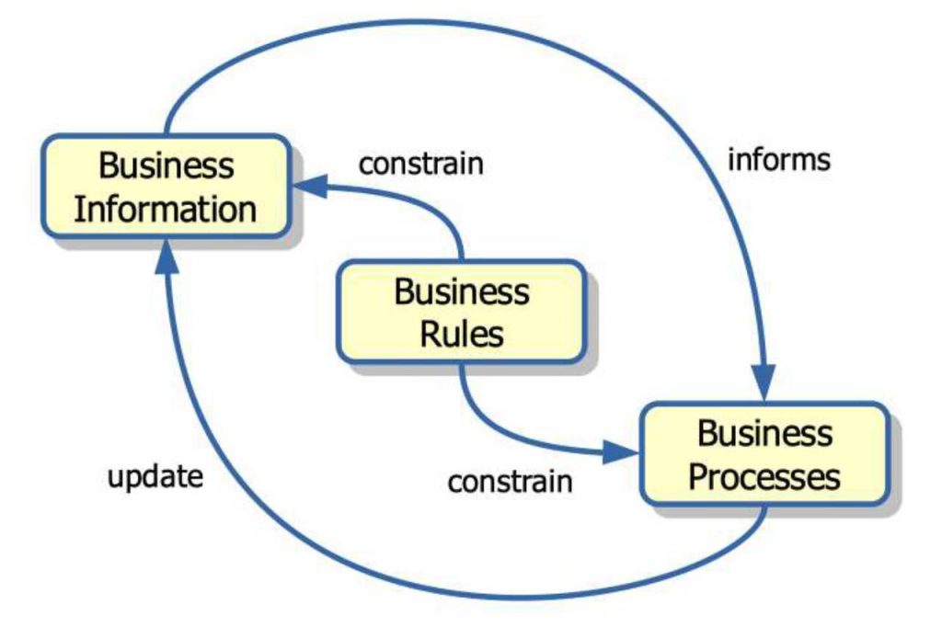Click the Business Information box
tap(166, 188)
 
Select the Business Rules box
tap(461, 312)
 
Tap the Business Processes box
tap(764, 454)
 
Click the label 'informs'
tap(778, 160)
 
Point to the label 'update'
tap(155, 477)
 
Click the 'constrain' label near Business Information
tap(420, 165)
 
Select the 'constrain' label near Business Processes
tap(510, 481)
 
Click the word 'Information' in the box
tap(166, 209)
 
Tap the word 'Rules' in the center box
tap(462, 333)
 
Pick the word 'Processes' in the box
tap(764, 477)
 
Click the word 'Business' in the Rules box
tap(462, 291)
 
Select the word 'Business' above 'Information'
tap(167, 166)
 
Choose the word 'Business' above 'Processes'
tap(764, 433)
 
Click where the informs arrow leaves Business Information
tap(167, 134)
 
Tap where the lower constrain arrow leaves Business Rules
tap(462, 365)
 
